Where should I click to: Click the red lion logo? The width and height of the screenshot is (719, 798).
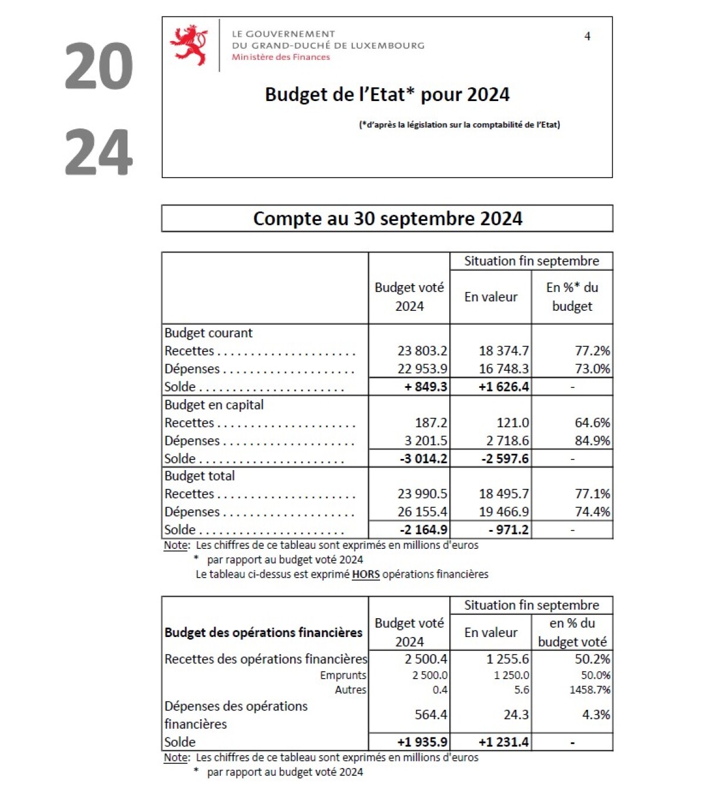[x=189, y=45]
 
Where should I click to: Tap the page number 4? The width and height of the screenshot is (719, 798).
[x=587, y=36]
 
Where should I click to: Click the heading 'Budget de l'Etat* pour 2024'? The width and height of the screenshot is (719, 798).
[x=387, y=95]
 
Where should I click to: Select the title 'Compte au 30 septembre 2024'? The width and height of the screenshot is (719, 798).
[x=387, y=219]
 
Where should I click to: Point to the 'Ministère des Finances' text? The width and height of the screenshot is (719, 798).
[x=281, y=57]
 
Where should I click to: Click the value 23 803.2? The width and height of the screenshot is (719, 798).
[x=422, y=351]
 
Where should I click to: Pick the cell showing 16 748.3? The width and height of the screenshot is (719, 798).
[x=503, y=369]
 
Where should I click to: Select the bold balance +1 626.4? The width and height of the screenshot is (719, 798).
[x=503, y=387]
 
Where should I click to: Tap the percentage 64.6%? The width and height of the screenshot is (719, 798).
[x=592, y=423]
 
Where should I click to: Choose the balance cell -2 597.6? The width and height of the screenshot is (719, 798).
[x=505, y=458]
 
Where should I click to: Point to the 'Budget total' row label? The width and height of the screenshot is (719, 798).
[x=200, y=476]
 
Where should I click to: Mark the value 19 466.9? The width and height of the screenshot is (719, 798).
[x=503, y=512]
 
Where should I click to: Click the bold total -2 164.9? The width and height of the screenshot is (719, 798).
[x=423, y=529]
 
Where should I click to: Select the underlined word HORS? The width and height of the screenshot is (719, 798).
[x=365, y=574]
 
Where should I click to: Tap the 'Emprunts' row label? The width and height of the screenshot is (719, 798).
[x=343, y=675]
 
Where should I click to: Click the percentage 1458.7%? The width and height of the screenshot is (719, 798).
[x=590, y=690]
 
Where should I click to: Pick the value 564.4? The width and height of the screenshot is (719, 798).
[x=431, y=715]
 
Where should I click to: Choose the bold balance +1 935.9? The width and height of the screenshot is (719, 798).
[x=422, y=742]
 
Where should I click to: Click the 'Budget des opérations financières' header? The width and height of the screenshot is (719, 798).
[x=263, y=632]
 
